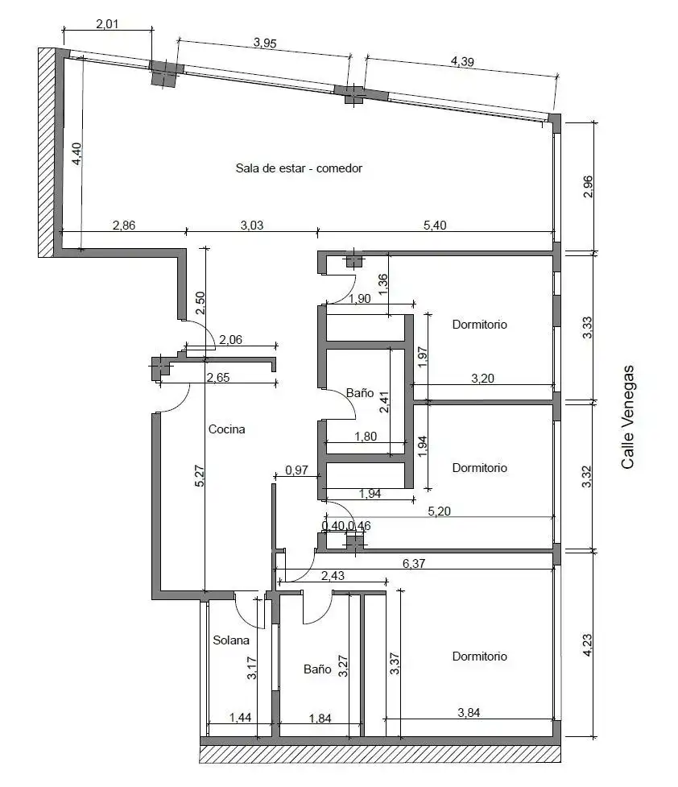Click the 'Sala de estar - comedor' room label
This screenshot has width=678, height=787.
(x=299, y=168)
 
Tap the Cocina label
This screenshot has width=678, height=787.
(x=226, y=429)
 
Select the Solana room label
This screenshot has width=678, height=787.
(x=231, y=640)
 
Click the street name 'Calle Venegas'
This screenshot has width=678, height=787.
(x=628, y=417)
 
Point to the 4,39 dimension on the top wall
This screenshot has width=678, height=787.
(x=462, y=62)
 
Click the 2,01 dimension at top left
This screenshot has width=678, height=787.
(x=107, y=23)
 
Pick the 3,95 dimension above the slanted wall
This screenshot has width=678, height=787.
(x=264, y=43)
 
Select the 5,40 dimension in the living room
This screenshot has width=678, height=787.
(x=435, y=225)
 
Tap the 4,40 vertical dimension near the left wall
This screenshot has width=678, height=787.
(x=76, y=154)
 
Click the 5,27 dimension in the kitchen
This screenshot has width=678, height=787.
(x=199, y=476)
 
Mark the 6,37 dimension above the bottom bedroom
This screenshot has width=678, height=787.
(x=414, y=563)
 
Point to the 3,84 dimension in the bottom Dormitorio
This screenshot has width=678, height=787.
(x=469, y=712)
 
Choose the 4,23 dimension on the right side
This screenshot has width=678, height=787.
(x=587, y=645)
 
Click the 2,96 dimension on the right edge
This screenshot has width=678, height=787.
(x=588, y=187)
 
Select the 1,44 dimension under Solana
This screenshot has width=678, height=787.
(x=241, y=718)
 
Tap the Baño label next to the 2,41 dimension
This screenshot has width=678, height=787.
(x=360, y=392)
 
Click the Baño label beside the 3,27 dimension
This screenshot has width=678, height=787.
(x=317, y=669)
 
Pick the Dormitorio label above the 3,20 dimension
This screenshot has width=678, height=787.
(x=480, y=325)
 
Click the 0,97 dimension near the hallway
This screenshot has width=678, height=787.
(x=296, y=470)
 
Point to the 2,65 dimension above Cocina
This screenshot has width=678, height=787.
(x=218, y=378)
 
